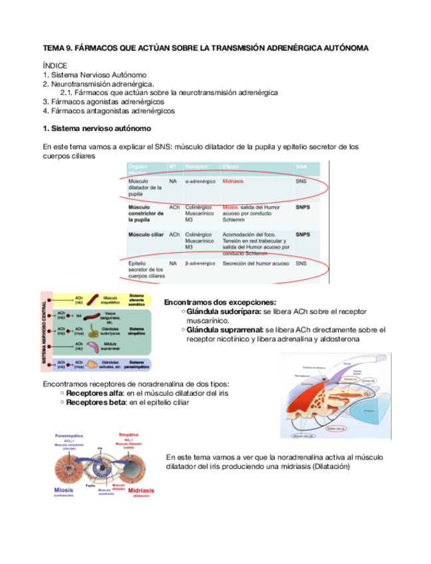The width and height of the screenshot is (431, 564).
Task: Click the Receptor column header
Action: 197,166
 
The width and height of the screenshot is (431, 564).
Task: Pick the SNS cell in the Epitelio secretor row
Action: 301,263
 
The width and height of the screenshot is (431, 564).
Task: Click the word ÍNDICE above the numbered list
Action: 55,67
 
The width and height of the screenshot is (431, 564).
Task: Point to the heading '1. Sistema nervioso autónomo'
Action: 96,128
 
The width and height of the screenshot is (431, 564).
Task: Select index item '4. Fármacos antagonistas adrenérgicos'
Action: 108,111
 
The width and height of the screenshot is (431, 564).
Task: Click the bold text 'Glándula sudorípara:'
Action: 224,311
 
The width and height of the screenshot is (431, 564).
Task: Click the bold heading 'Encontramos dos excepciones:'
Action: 219,302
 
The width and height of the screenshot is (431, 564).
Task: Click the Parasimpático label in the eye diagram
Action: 69,436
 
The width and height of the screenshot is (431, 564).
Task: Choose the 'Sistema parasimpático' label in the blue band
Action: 136,364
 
